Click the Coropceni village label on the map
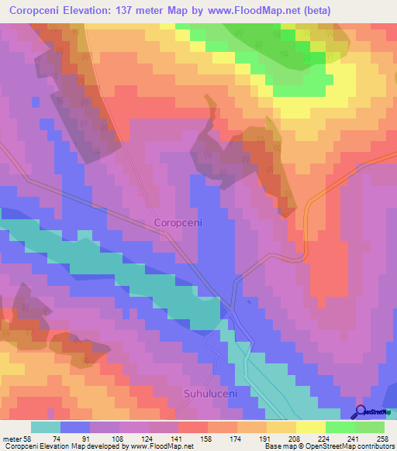(x=178, y=222)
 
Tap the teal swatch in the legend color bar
(x=46, y=427)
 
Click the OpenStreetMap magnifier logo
(x=361, y=412)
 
